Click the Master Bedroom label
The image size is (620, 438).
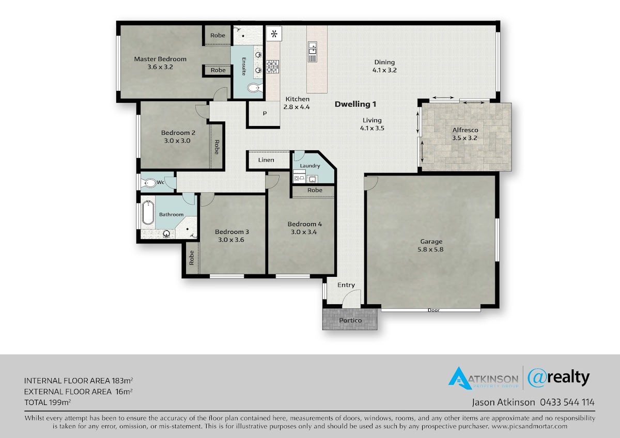[x=160, y=59]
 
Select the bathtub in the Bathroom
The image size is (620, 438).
[x=148, y=212]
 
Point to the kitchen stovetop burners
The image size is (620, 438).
[x=273, y=67]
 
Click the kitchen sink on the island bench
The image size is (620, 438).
[x=313, y=49]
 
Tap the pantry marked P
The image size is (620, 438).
[x=265, y=114]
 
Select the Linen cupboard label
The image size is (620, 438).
[x=266, y=160]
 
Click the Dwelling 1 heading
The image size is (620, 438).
[x=355, y=104]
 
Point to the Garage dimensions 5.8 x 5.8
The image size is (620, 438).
[x=430, y=249]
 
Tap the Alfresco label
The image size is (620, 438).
[x=466, y=130]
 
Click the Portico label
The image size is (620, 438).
[x=350, y=320]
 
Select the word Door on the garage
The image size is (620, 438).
[x=433, y=310]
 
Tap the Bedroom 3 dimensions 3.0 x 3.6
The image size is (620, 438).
[x=231, y=240]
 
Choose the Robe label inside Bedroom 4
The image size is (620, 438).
[x=315, y=190]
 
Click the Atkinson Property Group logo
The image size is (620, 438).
[x=483, y=378]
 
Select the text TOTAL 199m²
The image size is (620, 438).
[x=48, y=402]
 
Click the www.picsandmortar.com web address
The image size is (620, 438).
[x=529, y=426]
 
